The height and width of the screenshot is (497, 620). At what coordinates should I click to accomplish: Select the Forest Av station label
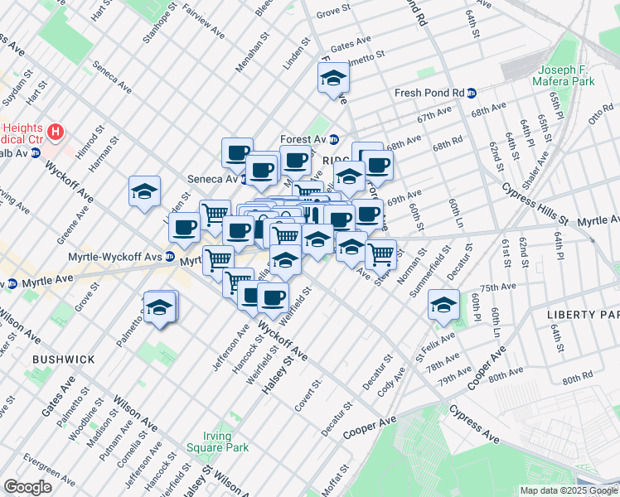pos(303,139)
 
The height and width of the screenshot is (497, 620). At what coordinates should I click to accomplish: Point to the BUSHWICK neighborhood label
pos(63,359)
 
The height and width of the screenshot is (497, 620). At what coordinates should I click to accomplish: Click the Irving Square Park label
pos(226,442)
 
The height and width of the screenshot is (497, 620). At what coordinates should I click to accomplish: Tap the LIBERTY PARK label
pos(583,316)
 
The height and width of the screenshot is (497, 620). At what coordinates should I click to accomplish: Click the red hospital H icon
pos(56,132)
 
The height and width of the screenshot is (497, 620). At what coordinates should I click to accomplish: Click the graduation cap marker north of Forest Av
pos(333,79)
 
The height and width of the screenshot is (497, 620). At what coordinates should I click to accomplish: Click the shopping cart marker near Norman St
pos(380,254)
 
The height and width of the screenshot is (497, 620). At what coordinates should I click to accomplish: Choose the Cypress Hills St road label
pos(535,204)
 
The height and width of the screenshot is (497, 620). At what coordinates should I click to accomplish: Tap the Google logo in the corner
pos(27,487)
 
